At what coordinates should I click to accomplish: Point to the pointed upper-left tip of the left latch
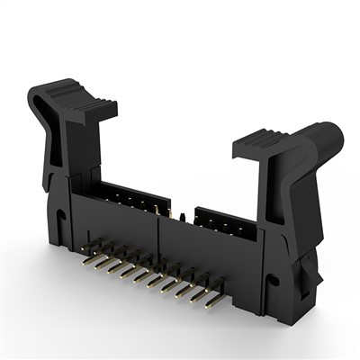click(x=31, y=90)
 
